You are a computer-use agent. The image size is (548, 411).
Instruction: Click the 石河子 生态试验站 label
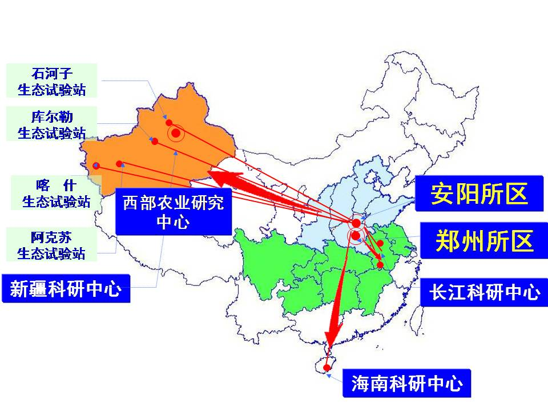pyautogui.click(x=51, y=80)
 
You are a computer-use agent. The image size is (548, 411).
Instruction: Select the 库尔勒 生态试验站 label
pyautogui.click(x=51, y=123)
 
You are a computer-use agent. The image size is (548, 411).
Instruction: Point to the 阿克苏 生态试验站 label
pyautogui.click(x=51, y=245)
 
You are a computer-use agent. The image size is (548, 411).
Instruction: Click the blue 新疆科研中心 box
pyautogui.click(x=66, y=289)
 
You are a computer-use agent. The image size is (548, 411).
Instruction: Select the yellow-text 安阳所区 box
pyautogui.click(x=478, y=194)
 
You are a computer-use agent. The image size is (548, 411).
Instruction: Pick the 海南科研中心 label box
pyautogui.click(x=406, y=383)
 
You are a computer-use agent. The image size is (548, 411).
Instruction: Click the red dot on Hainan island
pyautogui.click(x=327, y=367)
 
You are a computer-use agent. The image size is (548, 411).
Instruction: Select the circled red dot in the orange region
pyautogui.click(x=176, y=133)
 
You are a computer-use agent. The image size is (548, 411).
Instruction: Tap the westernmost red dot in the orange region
pyautogui.click(x=96, y=166)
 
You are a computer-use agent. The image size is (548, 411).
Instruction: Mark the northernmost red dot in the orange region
pyautogui.click(x=169, y=122)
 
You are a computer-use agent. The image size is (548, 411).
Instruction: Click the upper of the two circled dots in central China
pyautogui.click(x=356, y=223)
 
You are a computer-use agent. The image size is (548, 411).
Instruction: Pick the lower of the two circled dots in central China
pyautogui.click(x=356, y=235)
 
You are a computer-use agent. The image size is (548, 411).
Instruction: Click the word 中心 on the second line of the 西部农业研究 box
pyautogui.click(x=172, y=223)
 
